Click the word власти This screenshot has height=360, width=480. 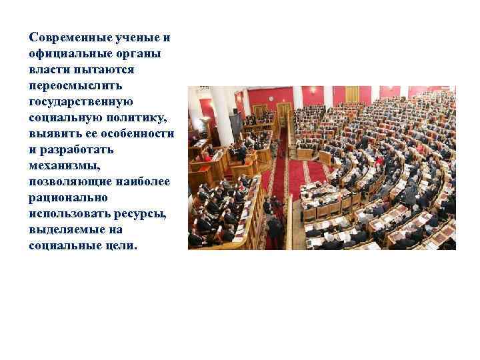(x=47, y=69)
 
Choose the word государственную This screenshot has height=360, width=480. (x=81, y=101)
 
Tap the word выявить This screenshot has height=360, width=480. (x=55, y=133)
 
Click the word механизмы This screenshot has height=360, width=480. (x=63, y=166)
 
